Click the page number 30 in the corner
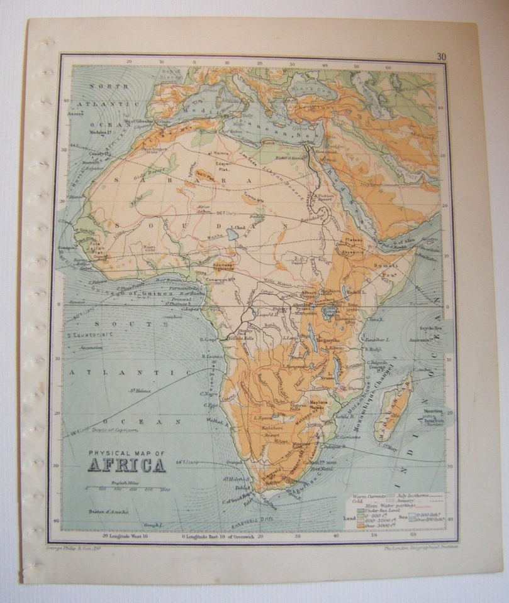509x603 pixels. (442, 57)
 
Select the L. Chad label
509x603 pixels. (238, 227)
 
